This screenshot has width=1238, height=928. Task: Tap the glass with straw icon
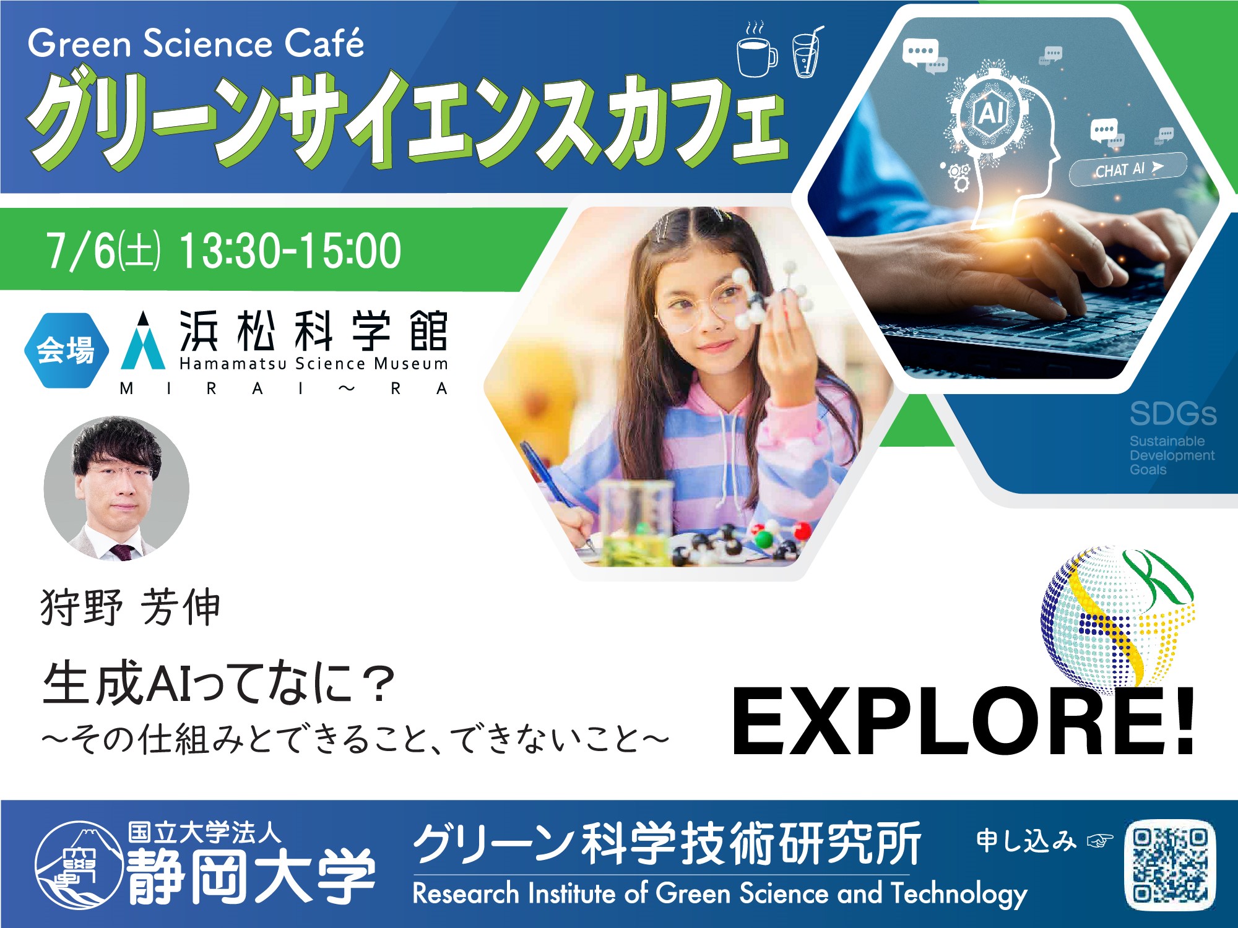[x=807, y=52]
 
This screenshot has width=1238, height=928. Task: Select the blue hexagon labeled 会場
[x=66, y=351]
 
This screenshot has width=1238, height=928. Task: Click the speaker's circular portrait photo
[x=116, y=488]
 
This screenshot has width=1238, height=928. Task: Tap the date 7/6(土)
[x=103, y=251]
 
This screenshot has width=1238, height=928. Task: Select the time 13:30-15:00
[x=290, y=251]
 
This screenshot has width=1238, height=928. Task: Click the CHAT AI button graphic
[x=1128, y=169]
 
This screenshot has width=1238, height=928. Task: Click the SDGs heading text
[x=1173, y=415]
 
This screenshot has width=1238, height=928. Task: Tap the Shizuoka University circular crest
[x=79, y=865]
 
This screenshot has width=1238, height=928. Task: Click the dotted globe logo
[x=1117, y=616]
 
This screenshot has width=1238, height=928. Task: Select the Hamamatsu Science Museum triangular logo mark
[x=143, y=341]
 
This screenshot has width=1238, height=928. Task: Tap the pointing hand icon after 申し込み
[x=1100, y=841]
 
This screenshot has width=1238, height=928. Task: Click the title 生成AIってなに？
[x=219, y=684]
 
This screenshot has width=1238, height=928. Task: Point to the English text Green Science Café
[x=196, y=44]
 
